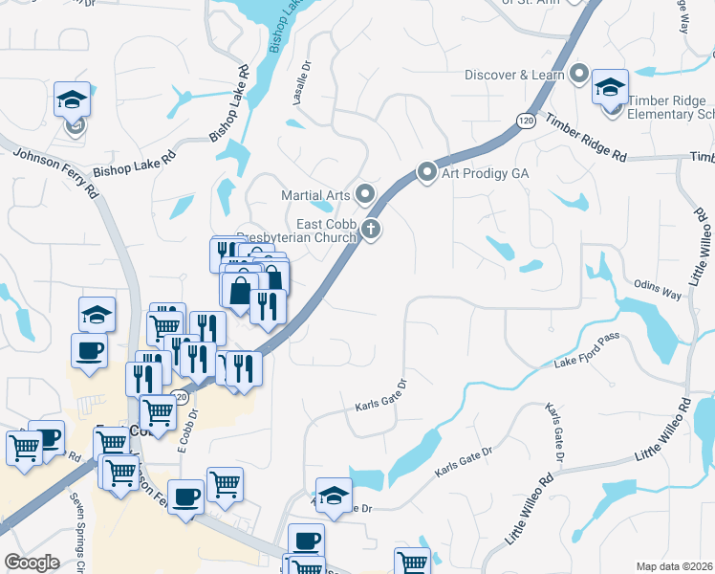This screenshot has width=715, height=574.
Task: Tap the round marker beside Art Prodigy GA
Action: coord(427,173)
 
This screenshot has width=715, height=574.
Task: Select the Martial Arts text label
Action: coord(315,195)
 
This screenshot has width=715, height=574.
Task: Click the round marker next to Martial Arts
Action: coord(364,195)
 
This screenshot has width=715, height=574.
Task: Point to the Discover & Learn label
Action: coord(515,75)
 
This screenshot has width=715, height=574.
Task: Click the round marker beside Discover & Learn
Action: coord(578,74)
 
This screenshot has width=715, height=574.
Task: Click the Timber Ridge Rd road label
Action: coord(586,136)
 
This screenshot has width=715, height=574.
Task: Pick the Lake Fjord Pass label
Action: coord(587,353)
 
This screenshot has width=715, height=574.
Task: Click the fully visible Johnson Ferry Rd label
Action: coord(54,164)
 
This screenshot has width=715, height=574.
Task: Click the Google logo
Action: coord(32,563)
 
